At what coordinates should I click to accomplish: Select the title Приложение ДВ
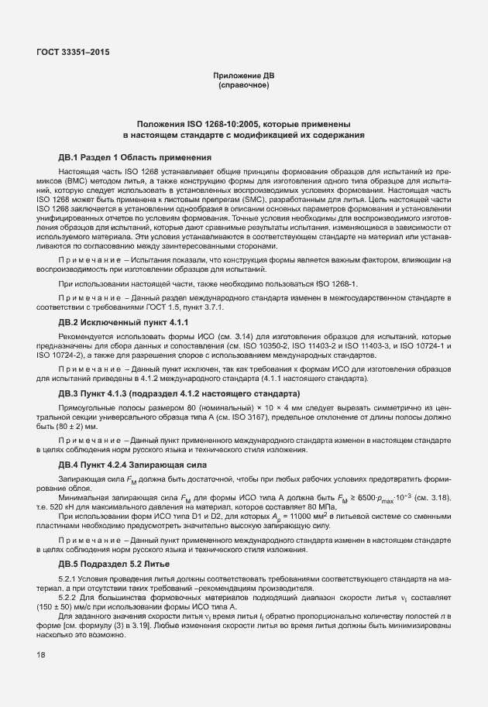click(243, 76)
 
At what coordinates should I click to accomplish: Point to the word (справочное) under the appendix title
click(243, 85)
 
